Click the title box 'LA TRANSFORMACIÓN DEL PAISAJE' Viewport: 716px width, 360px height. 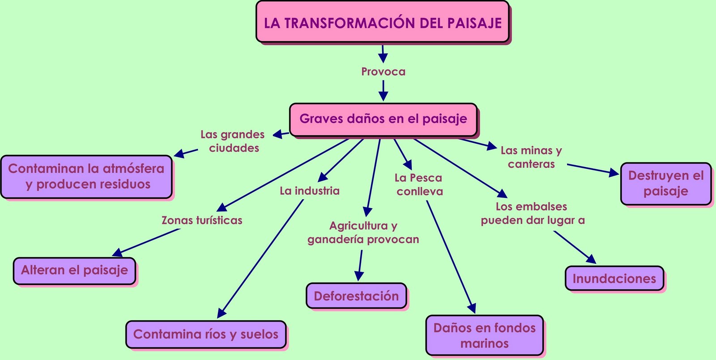383,22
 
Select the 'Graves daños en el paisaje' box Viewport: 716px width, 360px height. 383,119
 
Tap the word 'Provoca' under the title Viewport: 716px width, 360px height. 383,72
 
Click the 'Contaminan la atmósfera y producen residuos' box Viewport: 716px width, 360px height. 86,176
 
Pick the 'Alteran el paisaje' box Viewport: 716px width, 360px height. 74,270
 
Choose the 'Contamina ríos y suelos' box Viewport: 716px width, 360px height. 205,334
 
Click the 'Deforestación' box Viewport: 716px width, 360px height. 356,296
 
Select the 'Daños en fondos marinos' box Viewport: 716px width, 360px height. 484,335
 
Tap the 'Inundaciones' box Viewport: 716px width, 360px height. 614,279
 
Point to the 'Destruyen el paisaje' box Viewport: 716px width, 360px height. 665,184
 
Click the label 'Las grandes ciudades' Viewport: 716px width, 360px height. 233,141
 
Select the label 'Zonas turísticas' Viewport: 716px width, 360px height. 202,220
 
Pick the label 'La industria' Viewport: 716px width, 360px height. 310,191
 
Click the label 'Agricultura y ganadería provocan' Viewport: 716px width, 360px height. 363,232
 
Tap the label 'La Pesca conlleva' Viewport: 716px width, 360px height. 418,184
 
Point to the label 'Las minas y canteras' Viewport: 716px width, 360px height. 531,157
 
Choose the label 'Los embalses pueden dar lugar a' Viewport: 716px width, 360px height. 533,214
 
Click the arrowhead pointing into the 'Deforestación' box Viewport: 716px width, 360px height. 358,276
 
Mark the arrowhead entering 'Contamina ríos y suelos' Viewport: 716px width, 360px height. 221,313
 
